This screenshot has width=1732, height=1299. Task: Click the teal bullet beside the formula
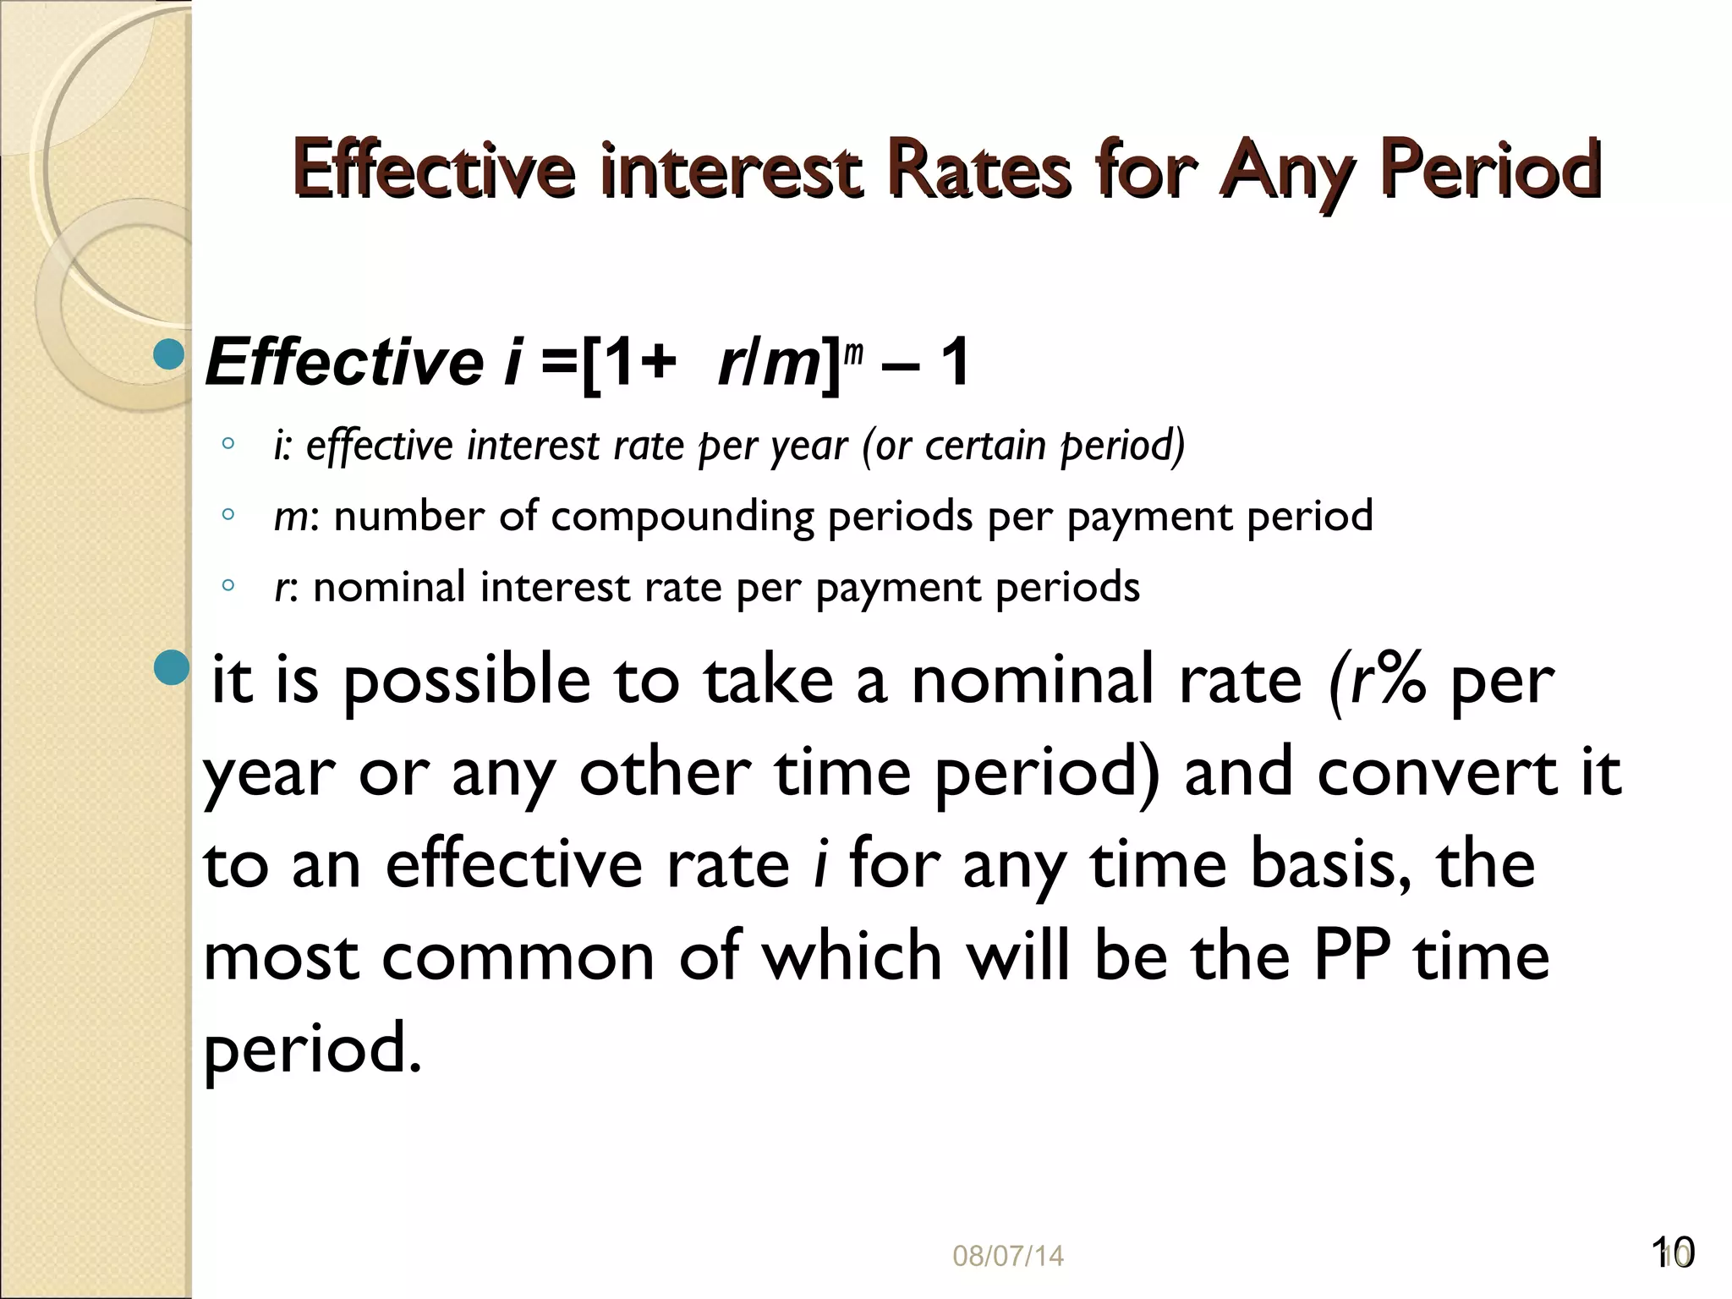tap(170, 355)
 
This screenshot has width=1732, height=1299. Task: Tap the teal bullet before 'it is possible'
tap(172, 668)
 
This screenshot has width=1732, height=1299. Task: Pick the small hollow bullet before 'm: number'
tap(227, 513)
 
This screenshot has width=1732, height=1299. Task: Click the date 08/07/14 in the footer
tap(1008, 1256)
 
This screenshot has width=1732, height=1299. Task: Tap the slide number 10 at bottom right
tap(1672, 1252)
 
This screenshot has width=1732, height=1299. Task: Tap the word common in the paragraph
tap(518, 957)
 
